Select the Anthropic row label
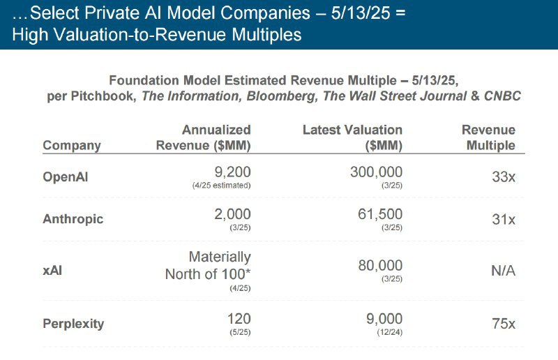(73, 219)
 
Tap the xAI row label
(53, 270)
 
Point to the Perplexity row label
(73, 323)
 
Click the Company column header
(72, 145)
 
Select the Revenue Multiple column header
(488, 137)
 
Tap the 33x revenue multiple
(502, 177)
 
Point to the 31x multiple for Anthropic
(502, 219)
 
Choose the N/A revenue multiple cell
(500, 270)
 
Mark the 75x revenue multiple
(502, 323)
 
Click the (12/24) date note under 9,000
(388, 332)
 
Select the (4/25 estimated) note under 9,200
(221, 186)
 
